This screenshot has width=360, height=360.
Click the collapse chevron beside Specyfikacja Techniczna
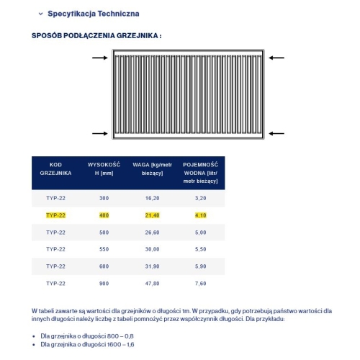[x=40, y=14]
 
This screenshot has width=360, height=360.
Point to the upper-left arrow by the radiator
[x=101, y=57]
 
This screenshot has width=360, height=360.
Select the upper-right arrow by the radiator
[x=275, y=57]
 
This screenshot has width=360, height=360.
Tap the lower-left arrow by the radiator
[x=101, y=132]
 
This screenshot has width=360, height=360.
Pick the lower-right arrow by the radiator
[x=275, y=132]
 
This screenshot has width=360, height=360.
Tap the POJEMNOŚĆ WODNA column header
[x=200, y=173]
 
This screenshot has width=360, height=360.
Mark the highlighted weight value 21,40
[x=151, y=215]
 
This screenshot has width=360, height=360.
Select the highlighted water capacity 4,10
[x=200, y=215]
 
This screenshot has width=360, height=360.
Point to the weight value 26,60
[x=151, y=232]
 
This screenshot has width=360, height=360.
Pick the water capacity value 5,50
[x=200, y=249]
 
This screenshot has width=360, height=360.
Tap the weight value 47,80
[x=151, y=284]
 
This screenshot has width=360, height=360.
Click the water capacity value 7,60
[x=200, y=284]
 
